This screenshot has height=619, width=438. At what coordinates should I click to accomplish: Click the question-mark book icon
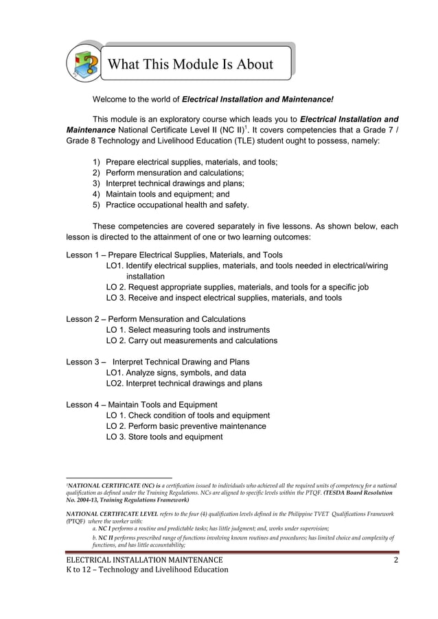pyautogui.click(x=83, y=64)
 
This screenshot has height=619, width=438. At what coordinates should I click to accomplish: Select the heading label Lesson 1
pyautogui.click(x=83, y=255)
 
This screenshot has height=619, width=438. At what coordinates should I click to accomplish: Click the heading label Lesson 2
pyautogui.click(x=83, y=319)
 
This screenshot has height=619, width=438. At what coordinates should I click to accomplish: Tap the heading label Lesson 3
pyautogui.click(x=83, y=362)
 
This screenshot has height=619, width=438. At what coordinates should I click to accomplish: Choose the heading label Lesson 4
pyautogui.click(x=83, y=405)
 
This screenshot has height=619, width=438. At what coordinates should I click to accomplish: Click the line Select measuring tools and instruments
pyautogui.click(x=187, y=330)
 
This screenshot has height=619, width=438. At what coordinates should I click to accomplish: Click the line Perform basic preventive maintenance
pyautogui.click(x=186, y=426)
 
